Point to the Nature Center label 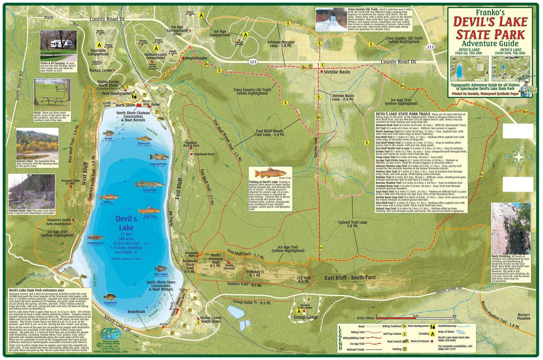point(101,71)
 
